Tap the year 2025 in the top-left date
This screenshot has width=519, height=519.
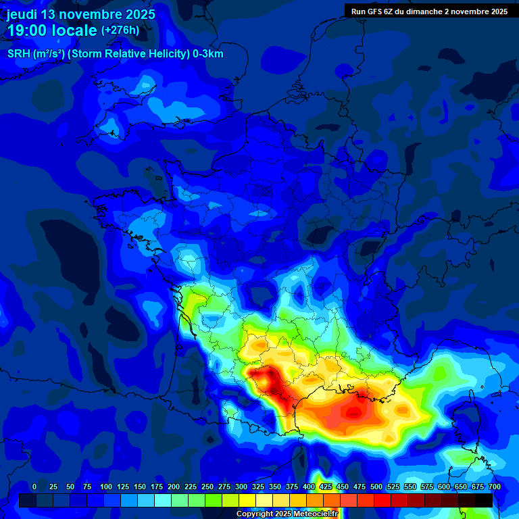coord(135,14)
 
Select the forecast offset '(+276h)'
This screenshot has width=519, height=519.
coord(120,30)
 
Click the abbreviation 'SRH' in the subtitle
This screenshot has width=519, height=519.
coord(19,54)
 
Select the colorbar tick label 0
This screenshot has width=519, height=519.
coord(34,487)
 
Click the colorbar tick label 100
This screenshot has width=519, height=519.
coord(106,487)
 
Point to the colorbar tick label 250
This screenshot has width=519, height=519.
coord(207,487)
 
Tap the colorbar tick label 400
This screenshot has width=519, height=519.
coord(309,487)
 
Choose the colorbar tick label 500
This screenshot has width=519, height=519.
coord(376,487)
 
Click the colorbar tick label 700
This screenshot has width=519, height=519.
coord(495,487)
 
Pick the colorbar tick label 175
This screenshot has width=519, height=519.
coord(157,487)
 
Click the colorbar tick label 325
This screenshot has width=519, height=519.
coord(258,487)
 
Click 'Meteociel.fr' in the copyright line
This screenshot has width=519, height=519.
coord(321,514)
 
